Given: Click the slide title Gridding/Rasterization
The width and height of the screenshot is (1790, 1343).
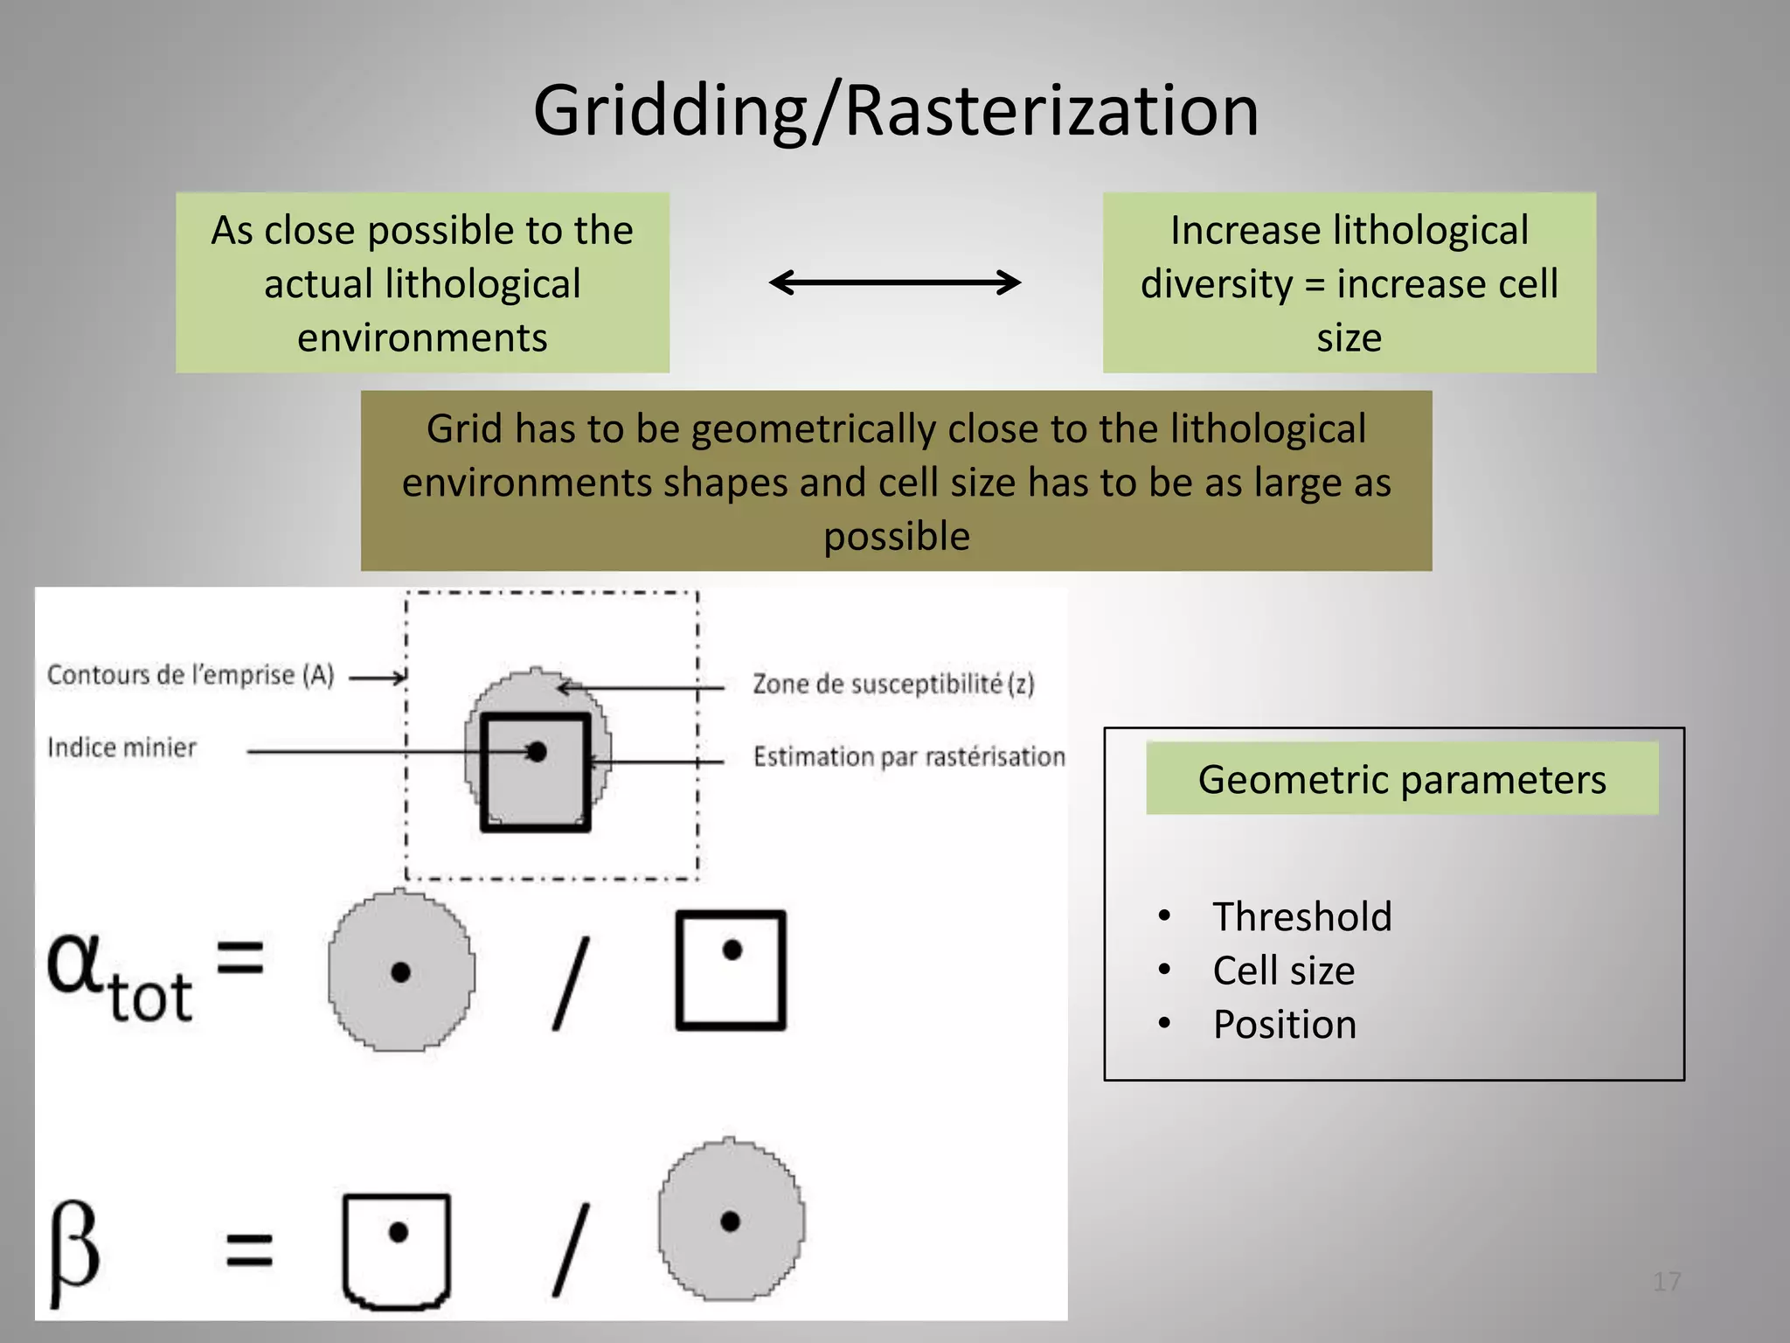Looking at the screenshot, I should (895, 111).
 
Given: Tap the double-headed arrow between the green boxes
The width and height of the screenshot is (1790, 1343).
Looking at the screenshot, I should (895, 282).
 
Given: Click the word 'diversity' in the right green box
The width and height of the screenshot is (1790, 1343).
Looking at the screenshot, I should (1217, 284).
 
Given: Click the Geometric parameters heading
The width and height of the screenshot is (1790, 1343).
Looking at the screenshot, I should (1402, 779).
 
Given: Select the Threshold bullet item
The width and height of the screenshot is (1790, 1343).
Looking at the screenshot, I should (1301, 916).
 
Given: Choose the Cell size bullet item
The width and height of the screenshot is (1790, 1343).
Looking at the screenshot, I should (1283, 971).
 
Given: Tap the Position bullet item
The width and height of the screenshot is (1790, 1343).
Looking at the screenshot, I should (1284, 1025).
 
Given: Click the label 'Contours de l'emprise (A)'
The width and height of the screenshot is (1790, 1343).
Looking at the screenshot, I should (191, 675).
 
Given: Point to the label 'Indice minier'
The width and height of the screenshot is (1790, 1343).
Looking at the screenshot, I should (121, 748).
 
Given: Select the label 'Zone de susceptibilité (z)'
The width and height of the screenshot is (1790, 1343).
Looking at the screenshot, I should (893, 684).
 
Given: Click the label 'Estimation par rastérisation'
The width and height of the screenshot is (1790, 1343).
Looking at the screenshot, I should (909, 756).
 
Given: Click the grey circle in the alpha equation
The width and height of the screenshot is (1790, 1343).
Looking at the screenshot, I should (401, 971).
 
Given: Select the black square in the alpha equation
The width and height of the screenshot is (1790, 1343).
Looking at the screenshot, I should (731, 971).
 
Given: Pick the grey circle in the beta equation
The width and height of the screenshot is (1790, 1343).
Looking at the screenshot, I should (731, 1221).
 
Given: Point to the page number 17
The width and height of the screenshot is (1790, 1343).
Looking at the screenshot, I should (1667, 1282).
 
